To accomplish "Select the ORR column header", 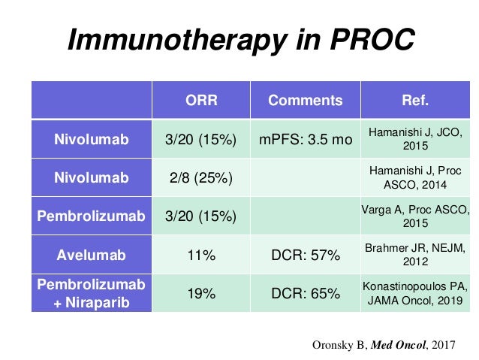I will (200, 101).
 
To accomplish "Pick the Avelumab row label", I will (91, 256).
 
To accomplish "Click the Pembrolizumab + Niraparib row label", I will (91, 293).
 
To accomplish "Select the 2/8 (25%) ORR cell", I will (200, 178).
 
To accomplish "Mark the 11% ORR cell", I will (200, 256).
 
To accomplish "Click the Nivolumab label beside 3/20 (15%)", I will (91, 140).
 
